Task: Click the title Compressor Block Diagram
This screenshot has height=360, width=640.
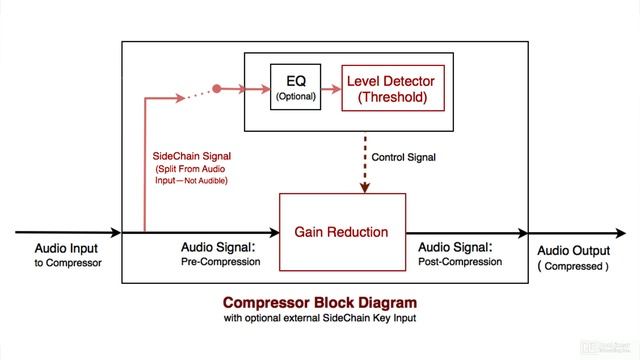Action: (x=319, y=302)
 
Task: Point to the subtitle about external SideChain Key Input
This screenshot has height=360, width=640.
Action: (x=319, y=319)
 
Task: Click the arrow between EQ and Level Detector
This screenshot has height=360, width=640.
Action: (x=331, y=87)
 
